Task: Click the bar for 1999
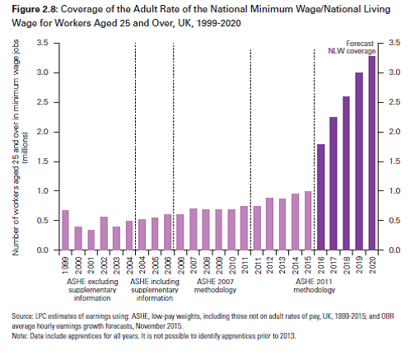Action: click(66, 230)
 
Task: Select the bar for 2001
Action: click(91, 240)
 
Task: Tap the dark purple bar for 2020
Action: click(372, 153)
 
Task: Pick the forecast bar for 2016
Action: click(321, 197)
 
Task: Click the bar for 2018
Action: click(347, 173)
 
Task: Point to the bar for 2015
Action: click(308, 221)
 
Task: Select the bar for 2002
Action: click(104, 233)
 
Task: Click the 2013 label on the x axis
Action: click(282, 265)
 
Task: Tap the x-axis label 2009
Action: click(219, 265)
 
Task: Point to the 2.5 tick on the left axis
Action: click(43, 102)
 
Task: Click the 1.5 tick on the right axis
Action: click(394, 161)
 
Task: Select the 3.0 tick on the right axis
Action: click(394, 72)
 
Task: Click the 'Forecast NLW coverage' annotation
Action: click(352, 47)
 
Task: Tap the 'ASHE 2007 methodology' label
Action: click(216, 286)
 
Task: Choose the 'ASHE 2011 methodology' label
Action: click(315, 286)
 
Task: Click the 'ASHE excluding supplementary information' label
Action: click(92, 290)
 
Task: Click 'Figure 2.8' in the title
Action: click(35, 9)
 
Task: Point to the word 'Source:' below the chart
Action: click(22, 316)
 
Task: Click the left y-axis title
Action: click(19, 147)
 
